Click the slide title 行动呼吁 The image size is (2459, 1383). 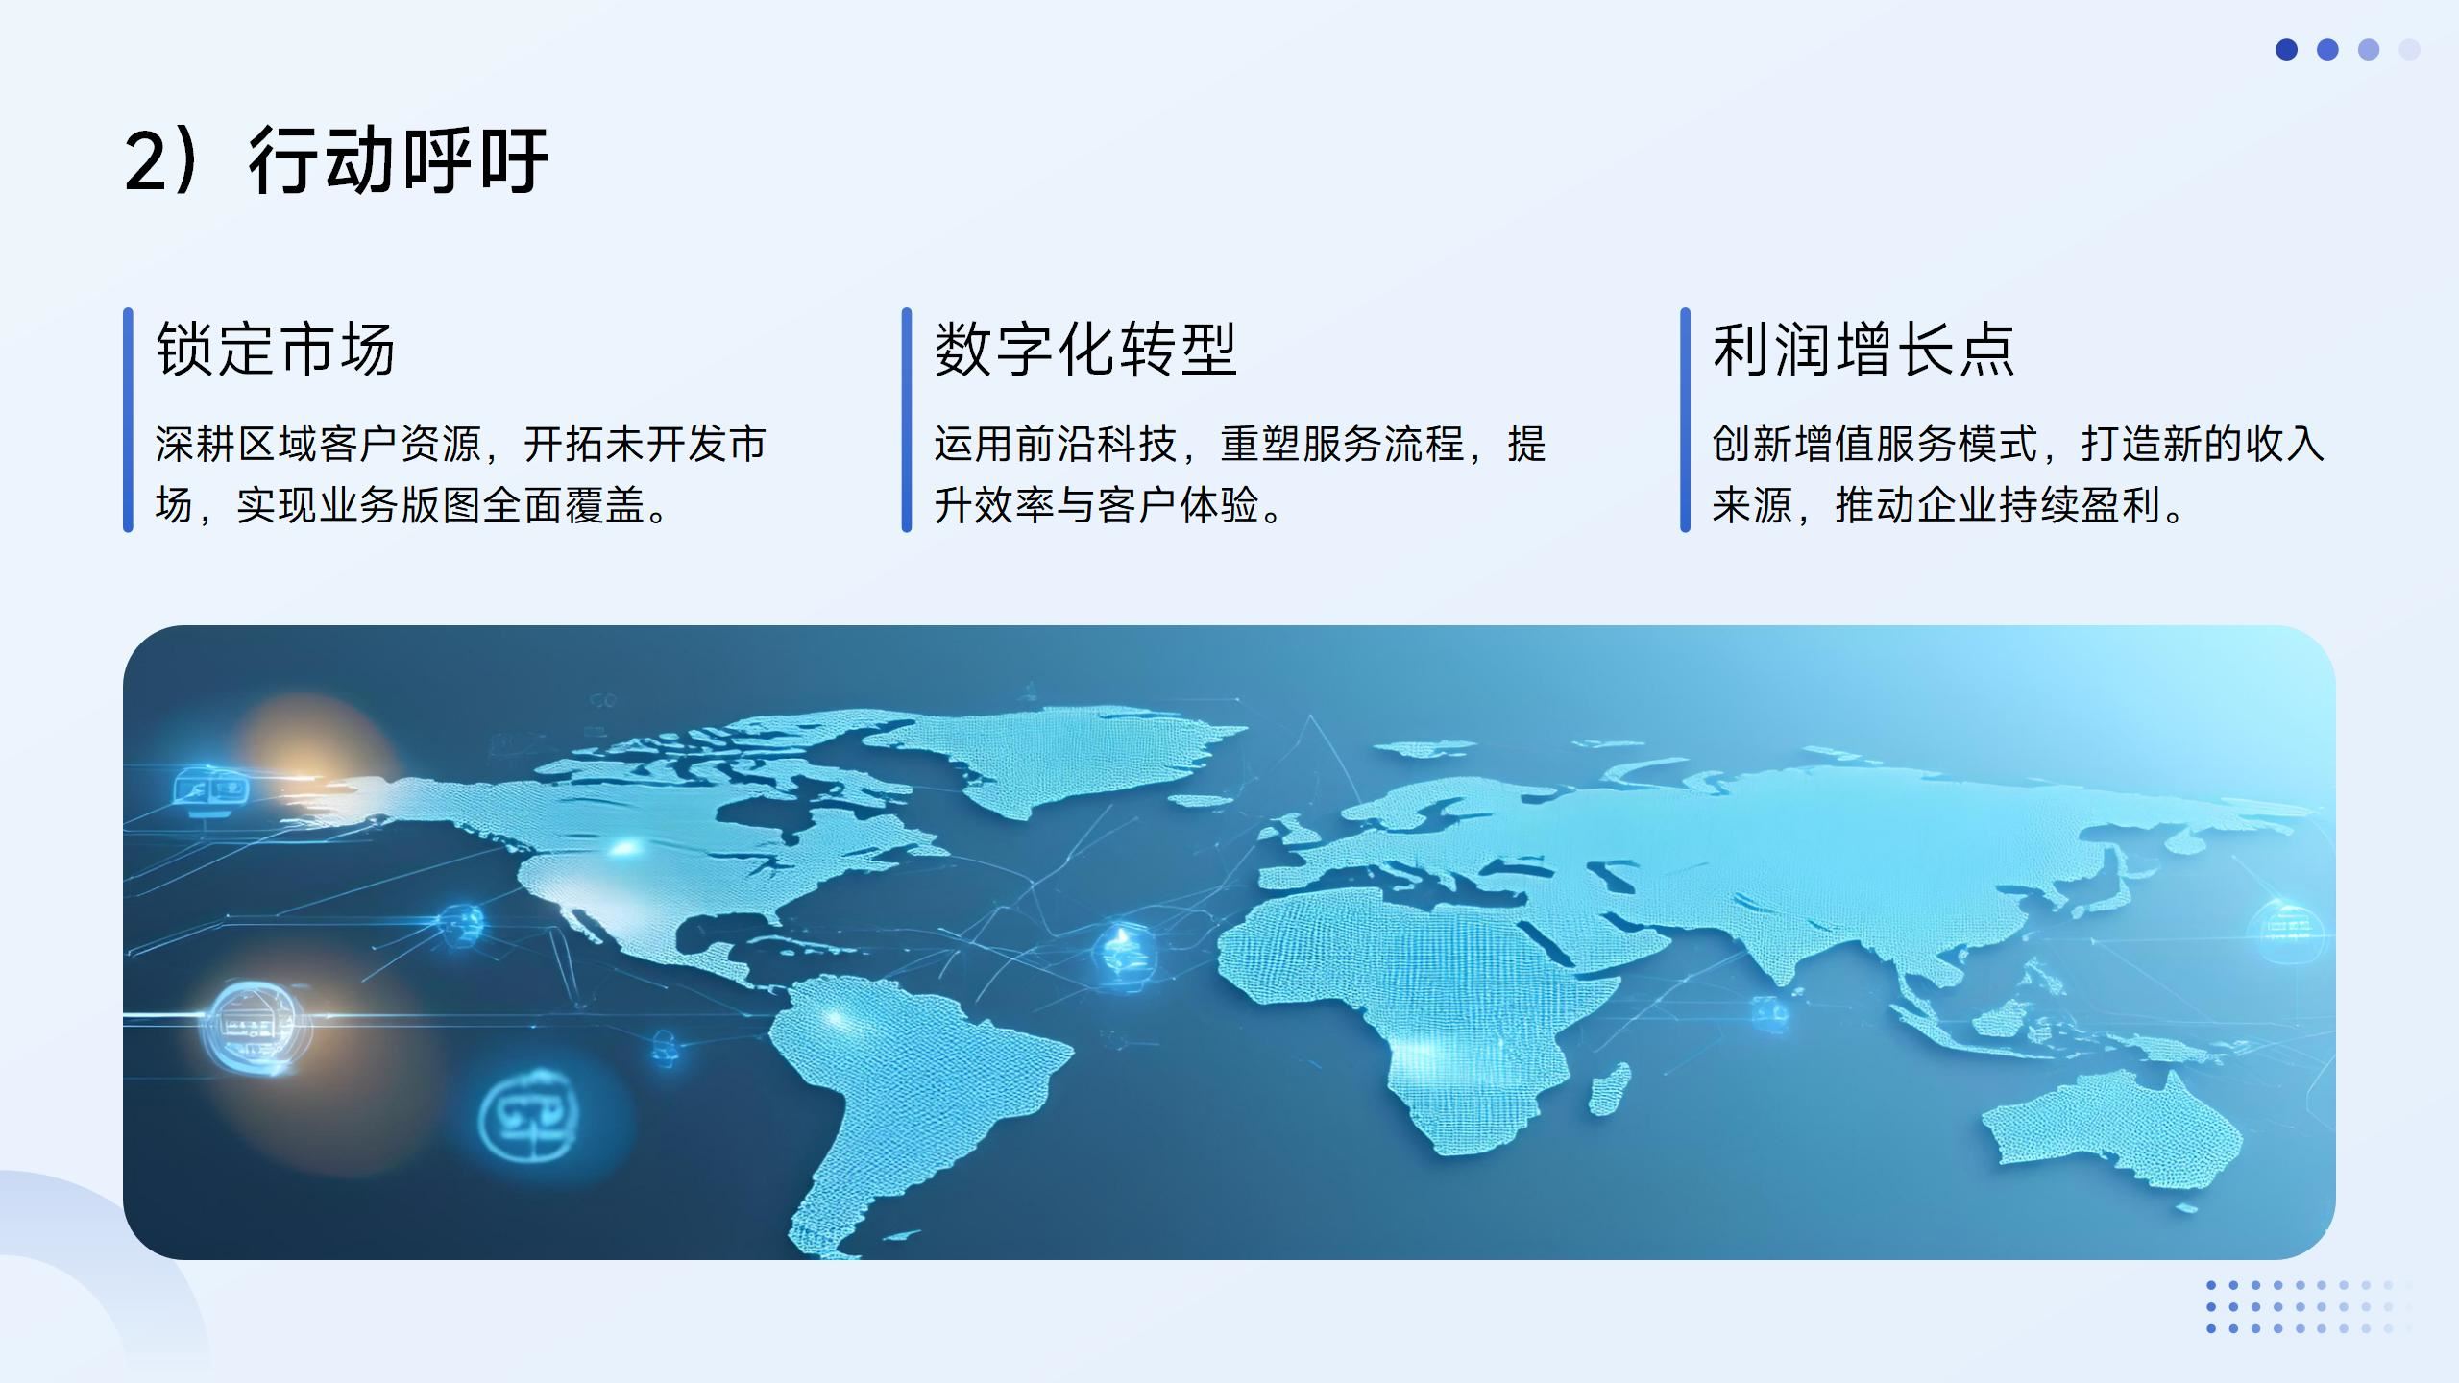(398, 159)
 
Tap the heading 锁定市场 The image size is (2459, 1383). (276, 349)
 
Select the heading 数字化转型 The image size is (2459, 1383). (1085, 349)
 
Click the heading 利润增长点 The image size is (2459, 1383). (1863, 349)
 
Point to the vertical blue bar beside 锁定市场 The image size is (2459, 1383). (128, 420)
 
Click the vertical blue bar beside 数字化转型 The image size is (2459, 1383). (907, 420)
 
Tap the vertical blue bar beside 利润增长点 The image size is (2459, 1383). (1685, 420)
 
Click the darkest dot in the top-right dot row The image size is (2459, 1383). (2286, 49)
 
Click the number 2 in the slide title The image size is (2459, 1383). (146, 161)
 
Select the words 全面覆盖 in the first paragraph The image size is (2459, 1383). (563, 505)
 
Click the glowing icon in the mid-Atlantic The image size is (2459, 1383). (1120, 949)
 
